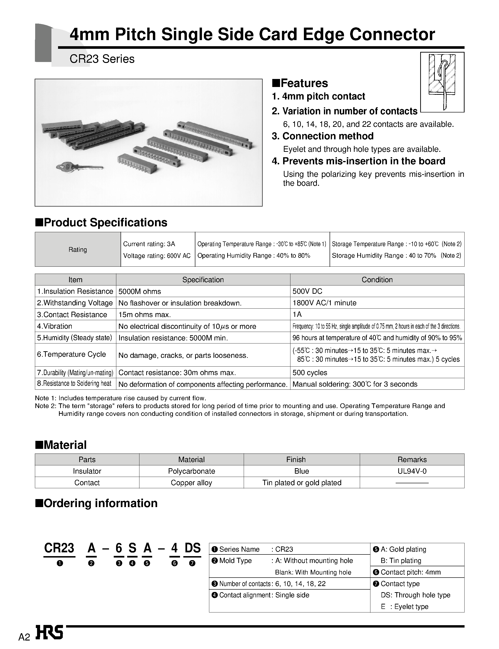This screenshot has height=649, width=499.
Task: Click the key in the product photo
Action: pyautogui.click(x=79, y=167)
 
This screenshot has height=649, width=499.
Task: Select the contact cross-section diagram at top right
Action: pyautogui.click(x=442, y=82)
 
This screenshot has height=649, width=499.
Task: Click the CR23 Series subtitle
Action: pyautogui.click(x=102, y=59)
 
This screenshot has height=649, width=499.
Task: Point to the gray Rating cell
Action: pyautogui.click(x=78, y=250)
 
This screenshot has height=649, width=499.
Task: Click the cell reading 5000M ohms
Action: pyautogui.click(x=140, y=291)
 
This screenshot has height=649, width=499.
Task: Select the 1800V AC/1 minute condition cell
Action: pyautogui.click(x=324, y=303)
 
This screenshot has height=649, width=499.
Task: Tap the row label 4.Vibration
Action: pyautogui.click(x=55, y=326)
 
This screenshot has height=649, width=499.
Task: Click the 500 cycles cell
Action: pyautogui.click(x=310, y=372)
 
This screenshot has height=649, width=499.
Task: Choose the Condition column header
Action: pyautogui.click(x=377, y=280)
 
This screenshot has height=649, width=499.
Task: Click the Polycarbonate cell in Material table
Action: pyautogui.click(x=191, y=471)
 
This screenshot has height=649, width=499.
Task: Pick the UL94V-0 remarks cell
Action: pyautogui.click(x=412, y=471)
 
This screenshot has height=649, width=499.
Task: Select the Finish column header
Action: pyautogui.click(x=296, y=459)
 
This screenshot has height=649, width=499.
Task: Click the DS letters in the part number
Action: pyautogui.click(x=193, y=548)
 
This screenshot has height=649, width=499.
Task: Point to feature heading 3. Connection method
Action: pyautogui.click(x=323, y=136)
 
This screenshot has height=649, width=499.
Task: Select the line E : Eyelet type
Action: pyautogui.click(x=405, y=607)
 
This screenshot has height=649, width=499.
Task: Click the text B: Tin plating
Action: pyautogui.click(x=401, y=561)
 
